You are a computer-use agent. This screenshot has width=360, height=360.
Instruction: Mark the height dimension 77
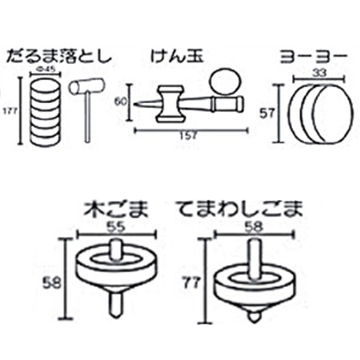click(x=192, y=282)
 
